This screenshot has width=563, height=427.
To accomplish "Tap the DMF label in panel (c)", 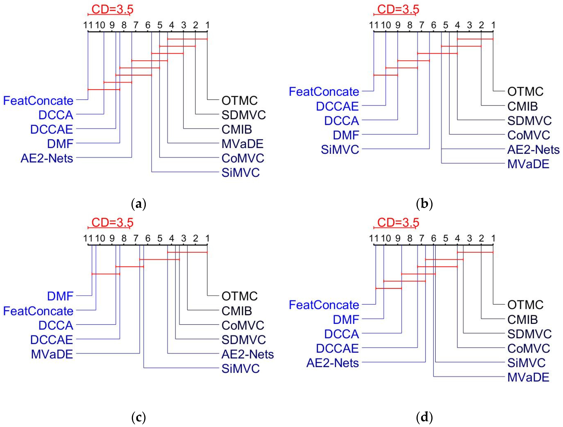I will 60,296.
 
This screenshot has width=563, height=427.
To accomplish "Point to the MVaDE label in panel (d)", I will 528,377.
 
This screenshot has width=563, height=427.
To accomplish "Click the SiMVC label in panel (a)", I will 240,173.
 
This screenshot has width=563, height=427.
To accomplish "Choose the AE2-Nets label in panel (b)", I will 533,150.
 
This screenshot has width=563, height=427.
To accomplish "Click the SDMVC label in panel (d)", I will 529,334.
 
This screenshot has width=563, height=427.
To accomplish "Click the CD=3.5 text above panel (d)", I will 398,223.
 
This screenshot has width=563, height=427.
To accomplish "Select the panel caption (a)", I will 139,204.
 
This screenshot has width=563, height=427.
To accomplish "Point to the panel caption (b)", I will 424,204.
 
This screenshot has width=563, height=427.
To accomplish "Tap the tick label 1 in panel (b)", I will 493,25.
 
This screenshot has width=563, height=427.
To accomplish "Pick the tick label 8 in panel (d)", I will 410,238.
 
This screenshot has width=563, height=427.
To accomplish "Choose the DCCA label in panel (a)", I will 56,115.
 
